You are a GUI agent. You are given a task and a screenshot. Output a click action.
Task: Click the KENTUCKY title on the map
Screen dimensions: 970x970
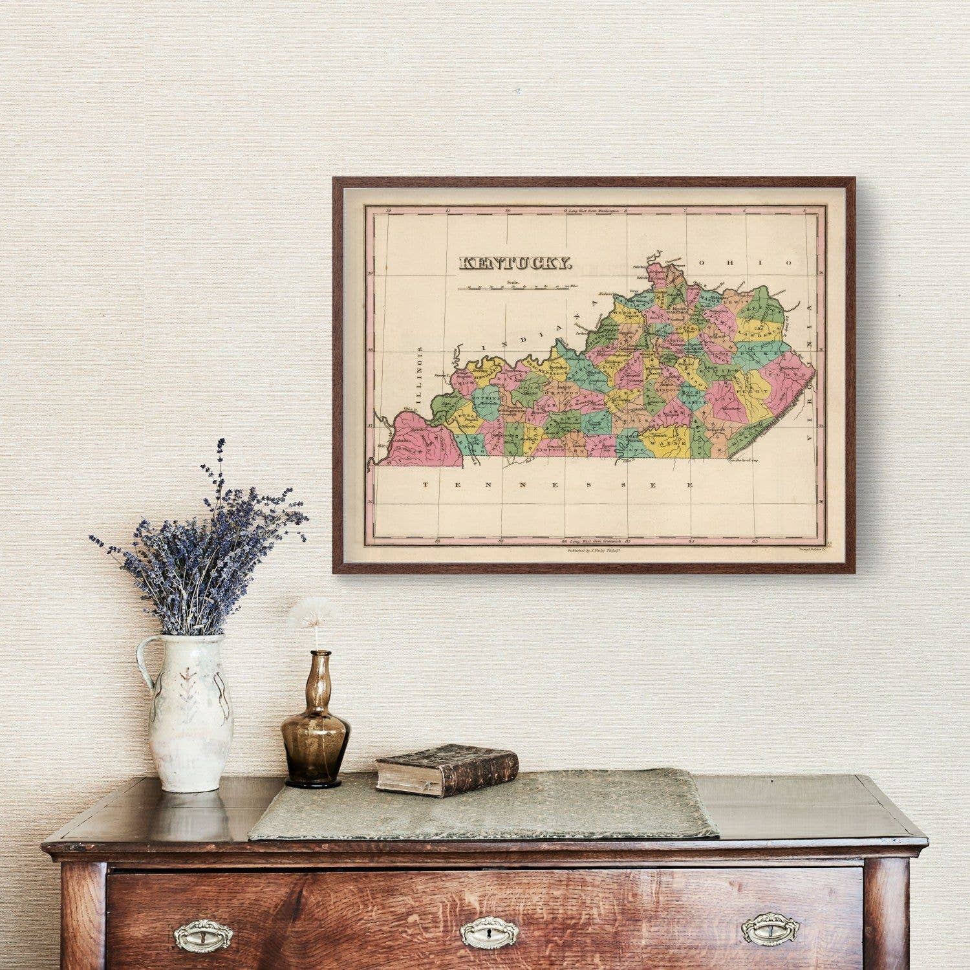tap(515, 263)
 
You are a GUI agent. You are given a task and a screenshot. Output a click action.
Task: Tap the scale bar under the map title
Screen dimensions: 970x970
tap(517, 288)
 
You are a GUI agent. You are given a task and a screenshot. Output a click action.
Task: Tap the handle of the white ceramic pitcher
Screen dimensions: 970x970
tap(145, 666)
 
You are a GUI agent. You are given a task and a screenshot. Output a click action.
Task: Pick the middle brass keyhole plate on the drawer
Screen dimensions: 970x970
tap(489, 932)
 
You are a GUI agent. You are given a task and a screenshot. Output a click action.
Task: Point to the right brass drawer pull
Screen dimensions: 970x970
tap(770, 929)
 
